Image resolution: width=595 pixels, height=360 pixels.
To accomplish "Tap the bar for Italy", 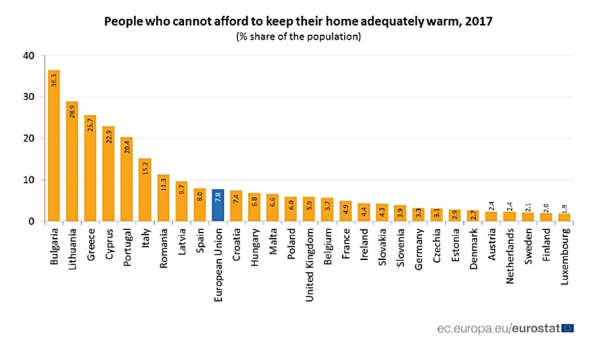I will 145,190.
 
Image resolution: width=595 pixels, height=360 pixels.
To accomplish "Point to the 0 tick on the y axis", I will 30,221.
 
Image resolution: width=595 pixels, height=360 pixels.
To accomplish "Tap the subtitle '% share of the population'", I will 297,37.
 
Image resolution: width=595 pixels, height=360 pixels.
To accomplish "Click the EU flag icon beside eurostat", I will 567,328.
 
